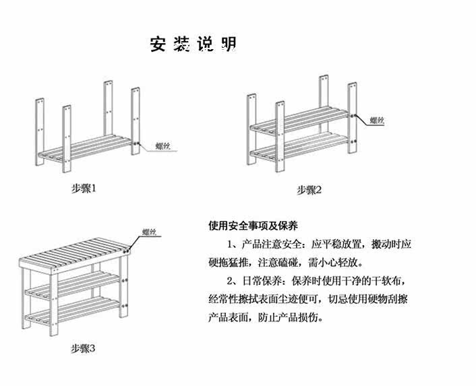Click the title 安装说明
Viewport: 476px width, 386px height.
tap(193, 44)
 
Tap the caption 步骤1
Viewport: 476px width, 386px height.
tap(84, 189)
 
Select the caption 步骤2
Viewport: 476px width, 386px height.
tap(309, 190)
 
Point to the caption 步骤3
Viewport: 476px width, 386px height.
tap(83, 348)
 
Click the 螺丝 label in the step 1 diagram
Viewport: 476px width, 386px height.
tap(163, 146)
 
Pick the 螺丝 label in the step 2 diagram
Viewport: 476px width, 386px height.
tap(377, 121)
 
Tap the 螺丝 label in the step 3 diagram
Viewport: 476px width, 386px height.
tap(150, 232)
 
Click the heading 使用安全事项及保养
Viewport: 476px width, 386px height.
tap(254, 226)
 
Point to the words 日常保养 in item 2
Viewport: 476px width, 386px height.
tap(262, 281)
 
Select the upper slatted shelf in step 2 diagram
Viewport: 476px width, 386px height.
tap(299, 121)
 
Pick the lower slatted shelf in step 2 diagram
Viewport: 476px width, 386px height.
tap(299, 146)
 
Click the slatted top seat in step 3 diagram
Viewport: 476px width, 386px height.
tap(74, 253)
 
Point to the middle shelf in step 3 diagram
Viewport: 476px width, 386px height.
tap(73, 284)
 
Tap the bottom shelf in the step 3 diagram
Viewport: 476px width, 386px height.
tap(73, 311)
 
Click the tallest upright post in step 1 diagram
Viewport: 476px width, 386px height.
tap(108, 108)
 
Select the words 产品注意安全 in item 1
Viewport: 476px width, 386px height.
tap(272, 244)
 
